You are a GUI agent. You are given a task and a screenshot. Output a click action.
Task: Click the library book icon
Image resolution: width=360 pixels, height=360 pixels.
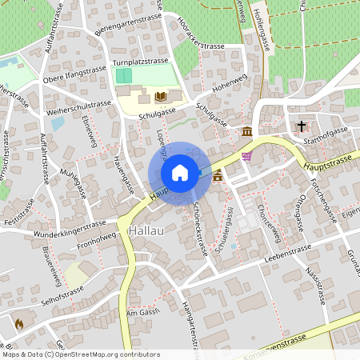pyautogui.click(x=160, y=96)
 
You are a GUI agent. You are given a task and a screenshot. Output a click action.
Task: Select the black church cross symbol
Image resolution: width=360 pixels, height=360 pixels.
pyautogui.click(x=302, y=126)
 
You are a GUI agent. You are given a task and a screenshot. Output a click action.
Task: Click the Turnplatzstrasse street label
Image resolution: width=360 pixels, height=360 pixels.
pyautogui.click(x=140, y=61)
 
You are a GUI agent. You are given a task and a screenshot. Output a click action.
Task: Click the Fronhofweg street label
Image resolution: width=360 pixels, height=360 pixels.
pyautogui.click(x=98, y=238)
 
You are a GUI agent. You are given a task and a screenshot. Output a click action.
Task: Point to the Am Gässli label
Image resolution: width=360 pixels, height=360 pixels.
pyautogui.click(x=144, y=312)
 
